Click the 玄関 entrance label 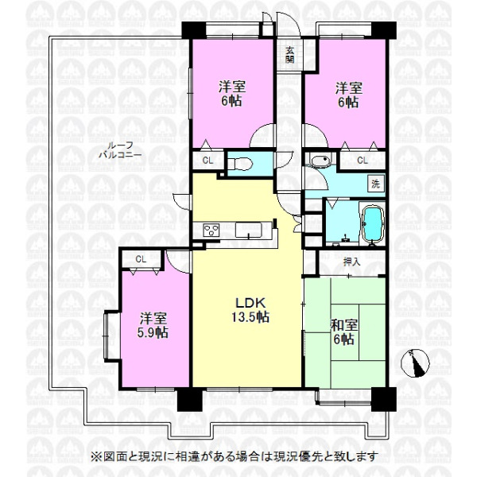[289, 53]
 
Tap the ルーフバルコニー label [121, 151]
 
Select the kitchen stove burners [212, 231]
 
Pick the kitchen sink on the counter [251, 231]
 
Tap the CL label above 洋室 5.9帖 [140, 258]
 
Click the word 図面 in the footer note [113, 457]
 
